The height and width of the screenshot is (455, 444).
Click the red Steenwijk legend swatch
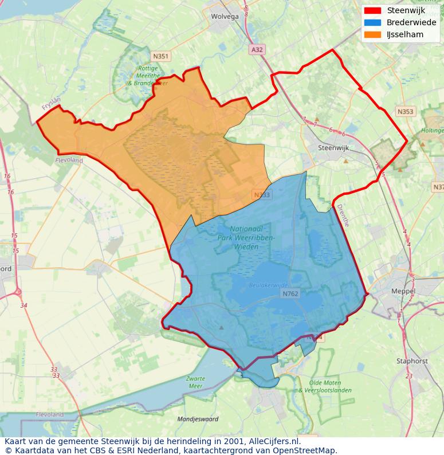(372, 10)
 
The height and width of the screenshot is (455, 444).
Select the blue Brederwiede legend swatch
(372, 22)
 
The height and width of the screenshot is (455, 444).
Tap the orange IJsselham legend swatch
(372, 34)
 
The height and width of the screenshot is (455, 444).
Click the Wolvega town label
(225, 17)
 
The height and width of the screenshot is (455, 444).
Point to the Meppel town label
(403, 291)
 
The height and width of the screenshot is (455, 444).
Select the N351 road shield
(161, 56)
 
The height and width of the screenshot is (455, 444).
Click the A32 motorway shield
(257, 50)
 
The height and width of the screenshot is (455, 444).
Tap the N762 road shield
(290, 294)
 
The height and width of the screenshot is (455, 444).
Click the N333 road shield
(262, 195)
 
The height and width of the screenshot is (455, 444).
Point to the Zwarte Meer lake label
(195, 382)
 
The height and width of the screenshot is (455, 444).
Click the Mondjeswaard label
(198, 419)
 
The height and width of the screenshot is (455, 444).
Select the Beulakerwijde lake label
(267, 284)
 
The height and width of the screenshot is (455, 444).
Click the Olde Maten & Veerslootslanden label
(325, 386)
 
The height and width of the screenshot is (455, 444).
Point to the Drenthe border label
(342, 215)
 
